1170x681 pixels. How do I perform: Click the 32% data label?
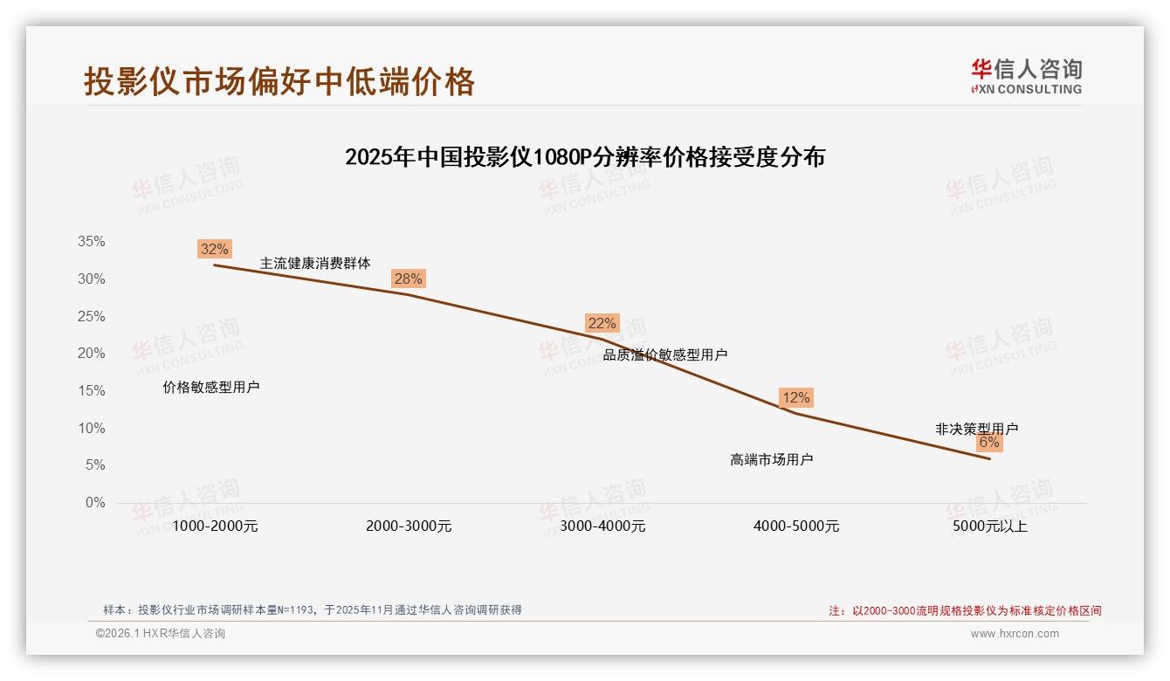(215, 249)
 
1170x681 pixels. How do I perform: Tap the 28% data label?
(408, 279)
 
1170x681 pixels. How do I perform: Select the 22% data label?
(602, 323)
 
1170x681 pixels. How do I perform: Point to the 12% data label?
(795, 397)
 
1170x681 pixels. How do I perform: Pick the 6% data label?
(988, 442)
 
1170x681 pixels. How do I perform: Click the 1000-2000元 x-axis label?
(215, 526)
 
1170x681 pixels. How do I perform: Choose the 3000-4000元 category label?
(602, 526)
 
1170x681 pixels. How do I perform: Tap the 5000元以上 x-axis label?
(990, 526)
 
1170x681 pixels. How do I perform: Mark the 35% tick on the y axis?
(91, 242)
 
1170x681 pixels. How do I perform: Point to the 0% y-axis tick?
(94, 503)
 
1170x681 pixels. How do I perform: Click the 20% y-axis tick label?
(91, 354)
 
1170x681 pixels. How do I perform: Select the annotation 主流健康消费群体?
(315, 263)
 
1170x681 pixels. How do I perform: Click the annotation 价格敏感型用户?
(211, 387)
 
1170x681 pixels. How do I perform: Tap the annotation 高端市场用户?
(772, 459)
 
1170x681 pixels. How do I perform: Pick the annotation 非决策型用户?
(976, 429)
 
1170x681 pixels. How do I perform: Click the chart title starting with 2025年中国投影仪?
(585, 157)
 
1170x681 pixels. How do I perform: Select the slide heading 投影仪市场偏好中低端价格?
(279, 81)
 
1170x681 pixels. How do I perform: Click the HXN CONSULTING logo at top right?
(1027, 77)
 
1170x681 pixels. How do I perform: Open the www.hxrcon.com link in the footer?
(1015, 634)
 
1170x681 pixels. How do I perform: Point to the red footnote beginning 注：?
(965, 611)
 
